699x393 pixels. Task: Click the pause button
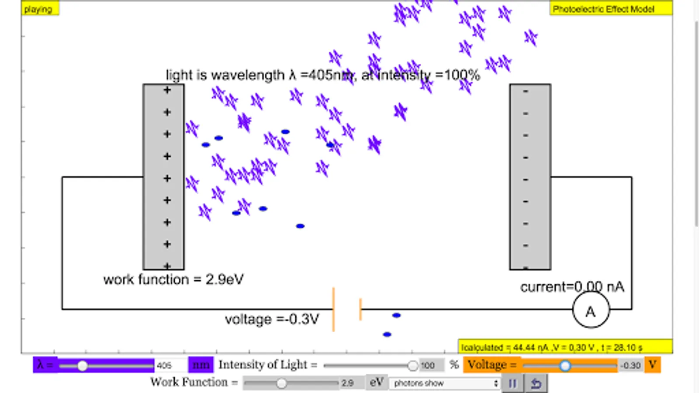[512, 383]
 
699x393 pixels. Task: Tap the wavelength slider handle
[82, 365]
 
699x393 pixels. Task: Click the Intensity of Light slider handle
[412, 365]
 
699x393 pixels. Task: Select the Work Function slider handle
[281, 383]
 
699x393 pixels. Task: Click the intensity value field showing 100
[430, 365]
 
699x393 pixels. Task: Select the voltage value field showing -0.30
[630, 365]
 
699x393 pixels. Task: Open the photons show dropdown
[445, 383]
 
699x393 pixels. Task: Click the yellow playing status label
[39, 9]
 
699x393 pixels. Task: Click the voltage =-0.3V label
[272, 319]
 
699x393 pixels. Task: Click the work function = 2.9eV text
[173, 279]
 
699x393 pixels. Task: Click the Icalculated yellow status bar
[564, 347]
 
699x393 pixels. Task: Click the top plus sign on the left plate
[167, 90]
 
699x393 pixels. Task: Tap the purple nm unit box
[201, 365]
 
